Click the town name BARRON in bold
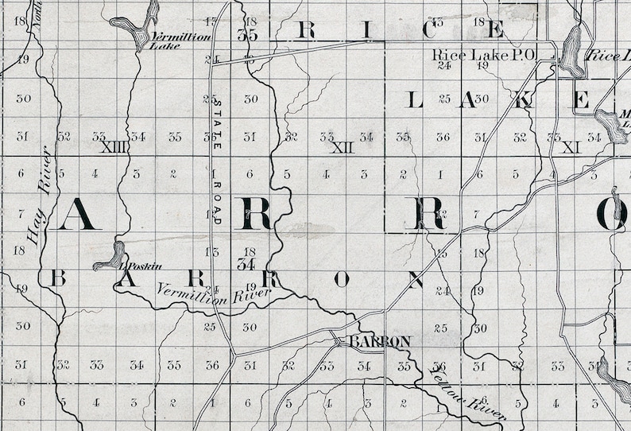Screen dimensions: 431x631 [x=381, y=341]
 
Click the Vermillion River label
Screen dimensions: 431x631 [x=214, y=293]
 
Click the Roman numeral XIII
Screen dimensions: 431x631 [x=114, y=147]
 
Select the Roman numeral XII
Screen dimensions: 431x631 [x=342, y=147]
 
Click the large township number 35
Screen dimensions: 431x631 [x=247, y=36]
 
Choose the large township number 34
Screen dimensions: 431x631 [x=246, y=264]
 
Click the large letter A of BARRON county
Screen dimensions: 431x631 [x=79, y=213]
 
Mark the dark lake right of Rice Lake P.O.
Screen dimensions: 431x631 [x=571, y=52]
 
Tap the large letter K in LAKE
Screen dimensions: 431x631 [x=525, y=99]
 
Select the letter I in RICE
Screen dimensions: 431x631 [x=367, y=30]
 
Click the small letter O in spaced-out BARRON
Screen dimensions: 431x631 [x=342, y=279]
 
